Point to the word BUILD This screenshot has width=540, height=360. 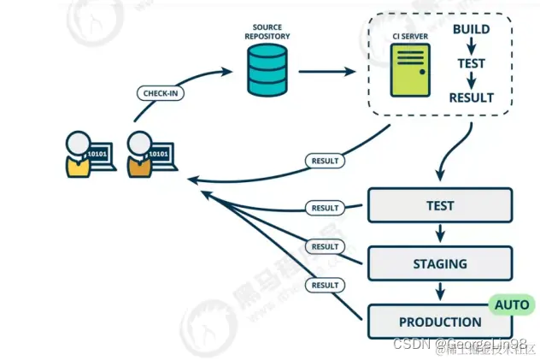[x=471, y=30]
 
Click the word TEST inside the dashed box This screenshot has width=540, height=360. [x=471, y=63]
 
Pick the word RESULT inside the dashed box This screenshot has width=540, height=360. [x=471, y=97]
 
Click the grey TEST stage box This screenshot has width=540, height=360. [x=439, y=206]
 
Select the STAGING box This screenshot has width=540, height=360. [x=439, y=264]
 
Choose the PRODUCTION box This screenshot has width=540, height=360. [x=439, y=322]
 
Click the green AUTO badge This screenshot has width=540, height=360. [x=511, y=304]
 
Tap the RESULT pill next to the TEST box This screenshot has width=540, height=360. [x=325, y=208]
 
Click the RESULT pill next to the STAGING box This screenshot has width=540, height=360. [x=325, y=246]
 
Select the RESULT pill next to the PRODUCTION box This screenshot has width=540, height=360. [x=325, y=285]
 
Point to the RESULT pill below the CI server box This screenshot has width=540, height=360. [x=325, y=160]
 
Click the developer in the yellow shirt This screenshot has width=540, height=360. [x=79, y=154]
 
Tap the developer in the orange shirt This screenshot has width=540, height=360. [x=139, y=154]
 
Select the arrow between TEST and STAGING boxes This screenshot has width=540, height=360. [x=439, y=234]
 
